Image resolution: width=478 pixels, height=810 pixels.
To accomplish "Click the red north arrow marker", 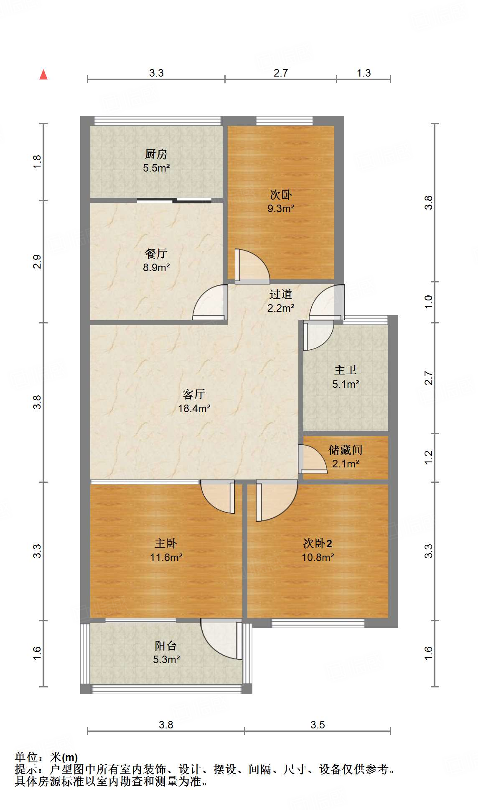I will tap(43, 75).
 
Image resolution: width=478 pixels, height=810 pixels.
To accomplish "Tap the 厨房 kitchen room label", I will tap(156, 154).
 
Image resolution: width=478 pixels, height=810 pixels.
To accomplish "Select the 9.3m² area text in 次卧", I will tap(281, 208).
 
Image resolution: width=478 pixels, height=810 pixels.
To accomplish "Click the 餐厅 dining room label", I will tap(156, 254).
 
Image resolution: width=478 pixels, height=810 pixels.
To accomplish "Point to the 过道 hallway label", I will tap(280, 295).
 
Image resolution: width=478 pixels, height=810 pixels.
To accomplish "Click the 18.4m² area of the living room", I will tap(194, 408).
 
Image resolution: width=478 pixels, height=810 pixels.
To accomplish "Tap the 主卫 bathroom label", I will tap(346, 370).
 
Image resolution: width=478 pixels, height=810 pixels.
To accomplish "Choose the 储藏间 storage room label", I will tap(346, 450).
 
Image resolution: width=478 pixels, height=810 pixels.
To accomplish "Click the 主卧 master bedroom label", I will tap(166, 543).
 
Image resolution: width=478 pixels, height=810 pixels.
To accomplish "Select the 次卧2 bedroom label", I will tap(318, 543).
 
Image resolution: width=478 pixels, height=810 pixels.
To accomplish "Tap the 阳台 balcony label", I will tap(166, 646).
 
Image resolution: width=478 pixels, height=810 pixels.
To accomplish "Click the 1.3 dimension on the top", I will tap(364, 73).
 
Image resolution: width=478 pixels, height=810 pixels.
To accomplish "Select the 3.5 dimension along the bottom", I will tap(318, 725).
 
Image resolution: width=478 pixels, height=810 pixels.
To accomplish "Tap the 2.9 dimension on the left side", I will tap(37, 262).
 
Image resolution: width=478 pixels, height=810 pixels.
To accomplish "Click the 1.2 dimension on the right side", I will tap(429, 457).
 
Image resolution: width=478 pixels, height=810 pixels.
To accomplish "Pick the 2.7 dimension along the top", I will tap(281, 73).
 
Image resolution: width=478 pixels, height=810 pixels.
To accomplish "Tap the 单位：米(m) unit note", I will tap(46, 757).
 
